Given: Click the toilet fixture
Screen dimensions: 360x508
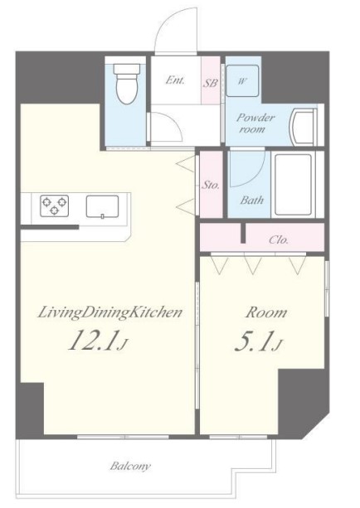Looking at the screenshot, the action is coord(127,84).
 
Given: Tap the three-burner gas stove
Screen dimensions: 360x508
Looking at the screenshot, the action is coord(54,206).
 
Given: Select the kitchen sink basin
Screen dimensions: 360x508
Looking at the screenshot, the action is coord(102,206).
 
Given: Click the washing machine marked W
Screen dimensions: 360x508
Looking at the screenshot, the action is coord(242,80).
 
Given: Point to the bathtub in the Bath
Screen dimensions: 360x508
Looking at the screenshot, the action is coord(293,185).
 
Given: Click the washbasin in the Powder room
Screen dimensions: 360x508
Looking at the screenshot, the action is coord(304,127).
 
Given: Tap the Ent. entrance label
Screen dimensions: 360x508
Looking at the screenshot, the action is coord(175,80).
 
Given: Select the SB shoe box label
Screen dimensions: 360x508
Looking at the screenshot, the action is coord(211,83).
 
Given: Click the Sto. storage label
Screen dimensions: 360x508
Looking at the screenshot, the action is coord(211,186).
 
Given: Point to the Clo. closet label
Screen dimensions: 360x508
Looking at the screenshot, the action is coord(279,239).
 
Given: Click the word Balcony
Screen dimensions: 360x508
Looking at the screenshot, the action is coord(130,467).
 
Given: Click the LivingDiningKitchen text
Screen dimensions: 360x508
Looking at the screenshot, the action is coord(109,313).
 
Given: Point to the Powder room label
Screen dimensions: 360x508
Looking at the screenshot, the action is coord(255,123).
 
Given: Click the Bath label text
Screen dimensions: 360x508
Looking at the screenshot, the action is coord(251,200).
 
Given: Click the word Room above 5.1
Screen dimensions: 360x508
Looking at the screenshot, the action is coord(266,312).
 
